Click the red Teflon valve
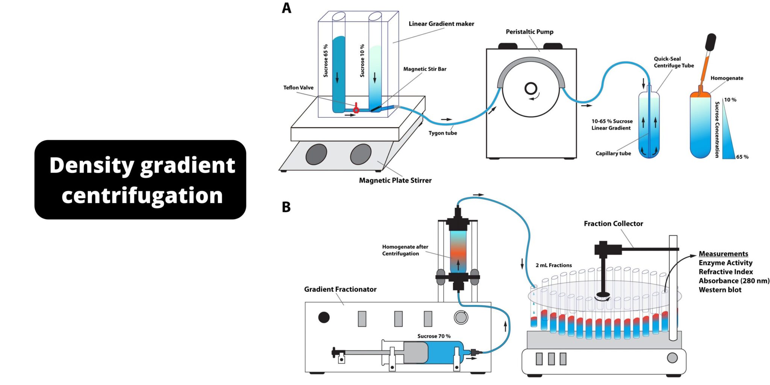pyautogui.click(x=356, y=109)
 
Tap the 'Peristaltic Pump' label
pyautogui.click(x=529, y=32)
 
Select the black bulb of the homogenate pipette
pyautogui.click(x=711, y=42)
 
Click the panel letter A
pyautogui.click(x=286, y=8)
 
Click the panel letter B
pyautogui.click(x=286, y=207)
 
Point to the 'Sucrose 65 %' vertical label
pyautogui.click(x=326, y=61)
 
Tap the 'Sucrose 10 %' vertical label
pyautogui.click(x=362, y=61)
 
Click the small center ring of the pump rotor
pyautogui.click(x=531, y=89)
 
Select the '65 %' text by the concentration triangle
pyautogui.click(x=742, y=157)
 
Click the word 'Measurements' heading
pyautogui.click(x=723, y=254)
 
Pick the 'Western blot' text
pyautogui.click(x=720, y=290)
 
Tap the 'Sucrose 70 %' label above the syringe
pyautogui.click(x=434, y=336)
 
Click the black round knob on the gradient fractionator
pyautogui.click(x=324, y=317)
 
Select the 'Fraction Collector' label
pyautogui.click(x=613, y=224)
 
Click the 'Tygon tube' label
pyautogui.click(x=443, y=133)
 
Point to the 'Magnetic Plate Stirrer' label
pyautogui.click(x=395, y=180)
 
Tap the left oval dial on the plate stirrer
pyautogui.click(x=316, y=155)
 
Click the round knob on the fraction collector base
pyautogui.click(x=672, y=358)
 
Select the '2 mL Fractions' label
pyautogui.click(x=553, y=265)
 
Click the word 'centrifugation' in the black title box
pyautogui.click(x=142, y=196)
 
